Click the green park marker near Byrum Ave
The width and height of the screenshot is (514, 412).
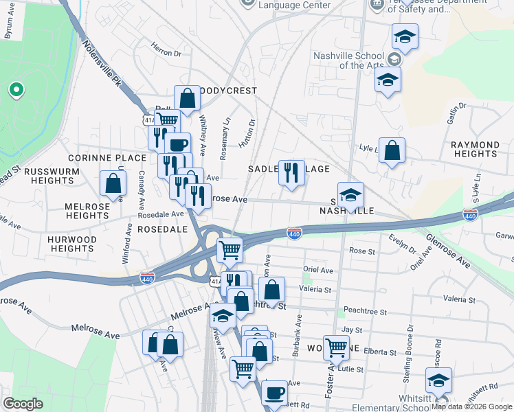tap(15, 90)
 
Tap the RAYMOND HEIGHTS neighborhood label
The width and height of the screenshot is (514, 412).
tap(475, 150)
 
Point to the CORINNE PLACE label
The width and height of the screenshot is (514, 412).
tap(98, 158)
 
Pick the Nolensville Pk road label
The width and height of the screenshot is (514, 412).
tap(102, 64)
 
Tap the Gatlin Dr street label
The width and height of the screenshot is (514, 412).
tap(456, 113)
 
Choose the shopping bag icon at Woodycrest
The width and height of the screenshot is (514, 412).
tap(187, 98)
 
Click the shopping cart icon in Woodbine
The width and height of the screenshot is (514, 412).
tap(336, 347)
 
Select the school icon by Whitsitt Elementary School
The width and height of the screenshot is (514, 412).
tap(438, 380)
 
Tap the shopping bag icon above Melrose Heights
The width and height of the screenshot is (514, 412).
tap(113, 183)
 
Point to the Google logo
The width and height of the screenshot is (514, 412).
tap(23, 404)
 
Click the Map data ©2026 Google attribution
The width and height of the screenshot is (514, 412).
tap(471, 407)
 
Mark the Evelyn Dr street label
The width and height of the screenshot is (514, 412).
tap(403, 244)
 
